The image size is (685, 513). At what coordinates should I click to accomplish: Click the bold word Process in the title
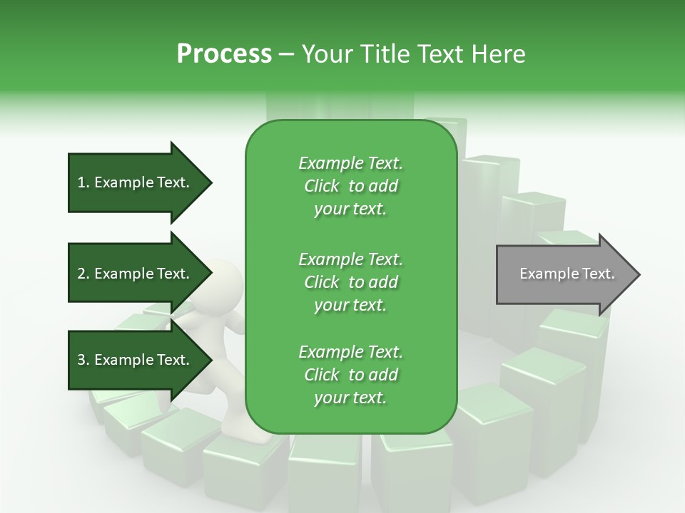224,54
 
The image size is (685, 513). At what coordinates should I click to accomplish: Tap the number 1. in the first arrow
83,182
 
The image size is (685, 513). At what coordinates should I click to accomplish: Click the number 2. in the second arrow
83,274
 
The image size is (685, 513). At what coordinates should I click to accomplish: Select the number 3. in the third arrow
83,360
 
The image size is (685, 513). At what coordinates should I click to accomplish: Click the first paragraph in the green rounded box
350,186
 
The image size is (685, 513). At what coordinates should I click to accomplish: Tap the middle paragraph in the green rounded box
350,281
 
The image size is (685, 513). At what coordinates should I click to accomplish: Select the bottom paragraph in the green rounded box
350,375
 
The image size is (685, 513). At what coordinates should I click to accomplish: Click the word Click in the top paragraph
321,186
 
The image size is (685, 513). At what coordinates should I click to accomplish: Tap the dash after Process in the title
286,54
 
